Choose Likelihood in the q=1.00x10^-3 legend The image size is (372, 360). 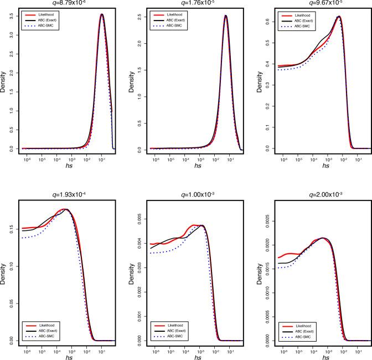click(172, 325)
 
